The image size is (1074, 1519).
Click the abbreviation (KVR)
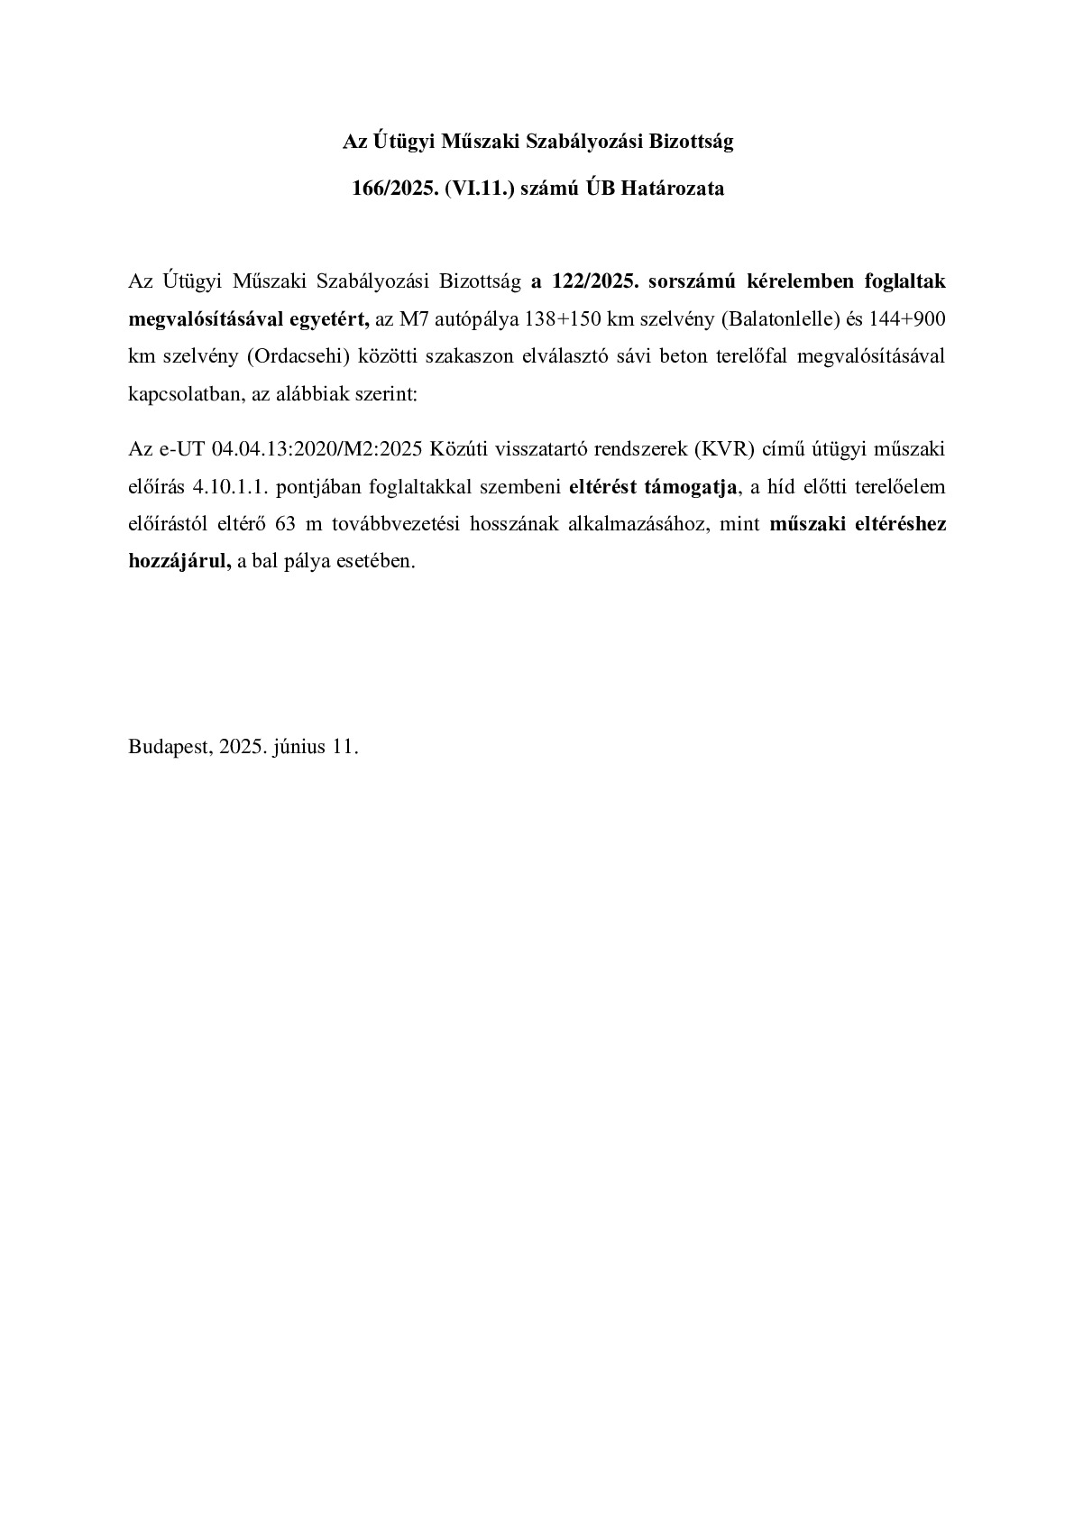[x=720, y=449]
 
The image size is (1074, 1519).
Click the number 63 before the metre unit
[x=286, y=524]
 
